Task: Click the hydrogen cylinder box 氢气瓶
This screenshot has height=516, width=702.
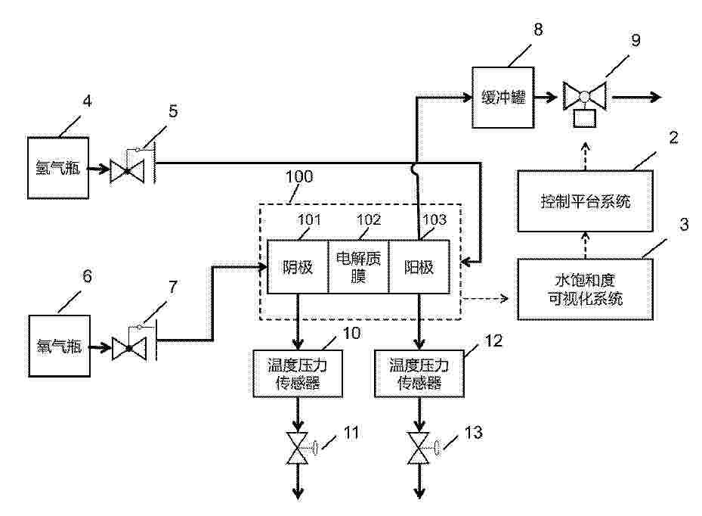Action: [58, 169]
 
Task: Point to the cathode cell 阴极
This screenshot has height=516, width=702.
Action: [297, 266]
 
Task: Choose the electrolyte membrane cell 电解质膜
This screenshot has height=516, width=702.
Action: [358, 266]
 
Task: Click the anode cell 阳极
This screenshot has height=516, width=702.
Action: [419, 266]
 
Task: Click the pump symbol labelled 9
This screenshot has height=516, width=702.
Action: [585, 98]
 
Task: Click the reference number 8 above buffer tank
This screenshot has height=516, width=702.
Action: [538, 30]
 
